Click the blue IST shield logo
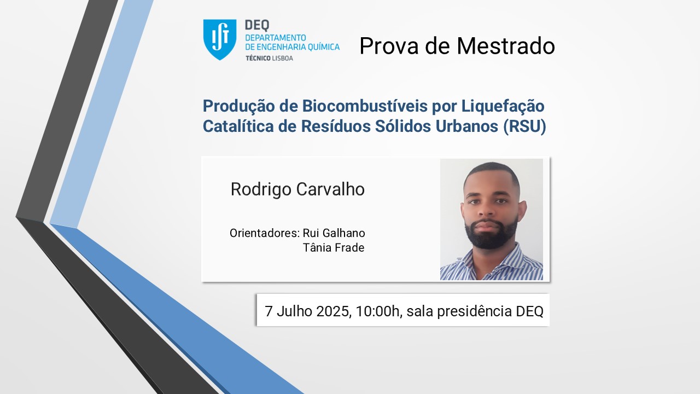click(x=220, y=39)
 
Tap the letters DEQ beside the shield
click(x=257, y=26)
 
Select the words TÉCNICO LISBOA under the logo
click(x=270, y=58)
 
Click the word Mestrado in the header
click(x=506, y=46)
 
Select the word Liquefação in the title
click(x=503, y=106)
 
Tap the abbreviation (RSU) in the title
click(x=524, y=126)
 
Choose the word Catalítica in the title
click(x=238, y=126)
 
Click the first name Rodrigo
click(x=261, y=190)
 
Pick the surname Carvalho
click(x=330, y=189)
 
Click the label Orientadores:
click(x=265, y=233)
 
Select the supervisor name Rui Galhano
click(x=334, y=233)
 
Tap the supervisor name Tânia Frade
click(x=334, y=248)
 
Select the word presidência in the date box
click(x=474, y=312)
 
